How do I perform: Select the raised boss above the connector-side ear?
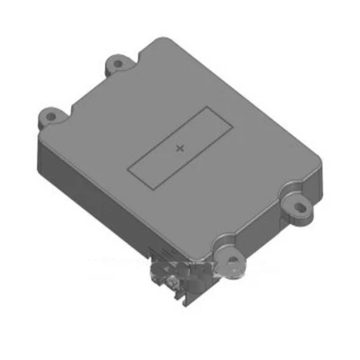pos(222,245)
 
